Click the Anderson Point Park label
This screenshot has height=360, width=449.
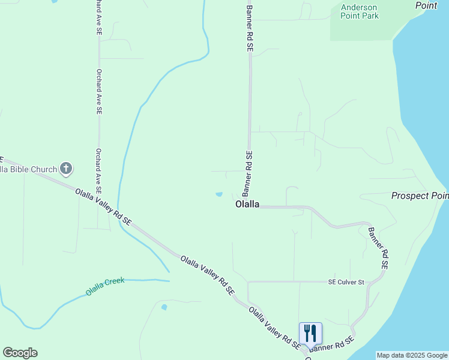(x=360, y=11)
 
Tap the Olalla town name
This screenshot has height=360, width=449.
(x=247, y=204)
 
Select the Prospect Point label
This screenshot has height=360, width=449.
(x=420, y=196)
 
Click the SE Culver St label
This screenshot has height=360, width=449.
(x=346, y=281)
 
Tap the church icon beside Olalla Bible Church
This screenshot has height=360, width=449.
(x=66, y=169)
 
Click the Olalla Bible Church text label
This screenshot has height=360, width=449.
(x=28, y=169)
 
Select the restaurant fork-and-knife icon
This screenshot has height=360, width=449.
(x=310, y=332)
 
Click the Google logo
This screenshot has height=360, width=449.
(x=20, y=352)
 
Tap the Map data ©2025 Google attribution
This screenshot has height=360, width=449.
(x=412, y=355)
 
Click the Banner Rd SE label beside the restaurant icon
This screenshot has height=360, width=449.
(x=333, y=344)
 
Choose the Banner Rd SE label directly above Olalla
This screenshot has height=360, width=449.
(x=247, y=173)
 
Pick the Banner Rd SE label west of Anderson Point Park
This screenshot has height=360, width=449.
(x=250, y=29)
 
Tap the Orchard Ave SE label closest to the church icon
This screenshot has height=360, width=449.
(x=98, y=170)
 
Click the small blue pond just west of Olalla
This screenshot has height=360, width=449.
(x=219, y=194)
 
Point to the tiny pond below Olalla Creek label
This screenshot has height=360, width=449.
(x=164, y=307)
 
